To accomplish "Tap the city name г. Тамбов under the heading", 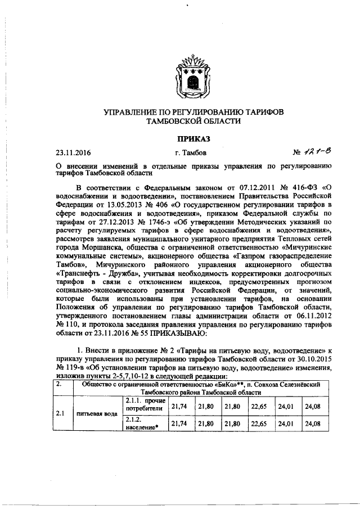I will pos(190,152).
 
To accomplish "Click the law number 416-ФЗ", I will pos(301,186).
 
